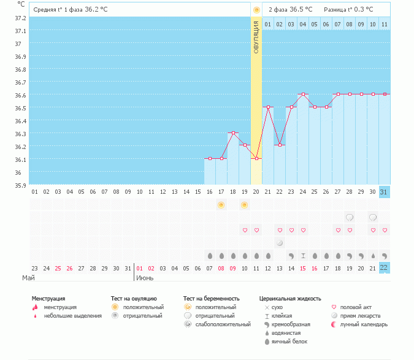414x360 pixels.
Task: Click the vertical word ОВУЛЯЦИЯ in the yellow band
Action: pos(256,36)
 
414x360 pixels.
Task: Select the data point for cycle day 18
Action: pos(233,132)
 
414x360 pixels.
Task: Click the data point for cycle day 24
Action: pos(303,94)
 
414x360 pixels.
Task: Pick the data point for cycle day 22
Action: pos(280,145)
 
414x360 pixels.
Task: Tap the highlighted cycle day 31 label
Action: pos(385,192)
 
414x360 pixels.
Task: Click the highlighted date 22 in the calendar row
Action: pos(385,268)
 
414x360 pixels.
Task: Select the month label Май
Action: pos(28,278)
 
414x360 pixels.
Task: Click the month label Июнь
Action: pos(145,278)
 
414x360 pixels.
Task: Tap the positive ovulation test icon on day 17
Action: pos(221,204)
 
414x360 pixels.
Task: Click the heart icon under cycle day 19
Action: pos(245,230)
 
